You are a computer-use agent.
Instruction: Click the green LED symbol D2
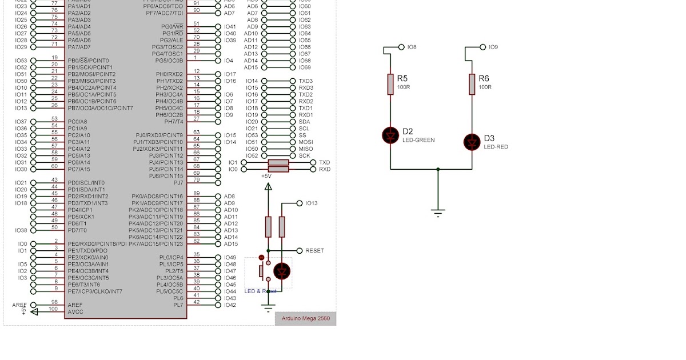(391, 135)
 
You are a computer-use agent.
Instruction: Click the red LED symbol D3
(472, 142)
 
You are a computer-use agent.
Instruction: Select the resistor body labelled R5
(390, 83)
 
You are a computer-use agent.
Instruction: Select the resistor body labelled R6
(472, 83)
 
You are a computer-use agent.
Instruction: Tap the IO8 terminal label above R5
(412, 47)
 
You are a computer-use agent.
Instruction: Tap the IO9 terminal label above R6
(493, 47)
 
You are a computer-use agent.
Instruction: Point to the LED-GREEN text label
(418, 140)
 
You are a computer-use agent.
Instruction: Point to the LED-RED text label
(496, 147)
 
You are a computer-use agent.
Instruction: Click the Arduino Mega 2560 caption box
(305, 319)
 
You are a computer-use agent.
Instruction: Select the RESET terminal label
(314, 251)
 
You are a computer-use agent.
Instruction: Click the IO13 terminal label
(312, 203)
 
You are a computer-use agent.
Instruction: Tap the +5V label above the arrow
(266, 176)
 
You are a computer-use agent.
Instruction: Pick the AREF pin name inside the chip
(74, 305)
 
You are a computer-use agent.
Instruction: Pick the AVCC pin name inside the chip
(75, 312)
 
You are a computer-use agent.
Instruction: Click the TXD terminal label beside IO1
(324, 162)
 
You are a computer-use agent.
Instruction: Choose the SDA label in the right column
(304, 122)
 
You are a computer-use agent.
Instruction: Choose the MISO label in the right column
(305, 149)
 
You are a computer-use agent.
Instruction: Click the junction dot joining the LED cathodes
(438, 169)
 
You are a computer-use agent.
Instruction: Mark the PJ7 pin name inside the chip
(178, 183)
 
